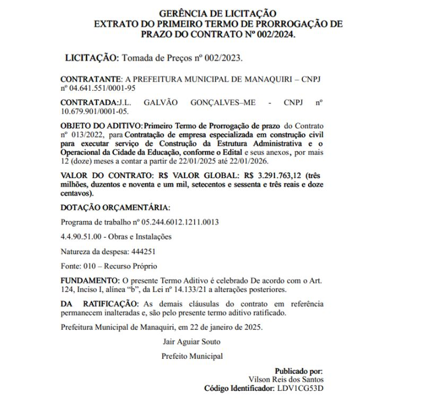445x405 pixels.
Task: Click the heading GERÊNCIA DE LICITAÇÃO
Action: [217, 13]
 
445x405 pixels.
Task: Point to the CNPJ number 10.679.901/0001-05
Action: [94, 112]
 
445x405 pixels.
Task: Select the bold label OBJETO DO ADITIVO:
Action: [101, 126]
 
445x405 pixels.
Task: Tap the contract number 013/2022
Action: [86, 135]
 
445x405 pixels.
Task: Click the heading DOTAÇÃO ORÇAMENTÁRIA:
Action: [116, 208]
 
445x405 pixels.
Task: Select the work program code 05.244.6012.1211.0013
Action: [178, 222]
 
